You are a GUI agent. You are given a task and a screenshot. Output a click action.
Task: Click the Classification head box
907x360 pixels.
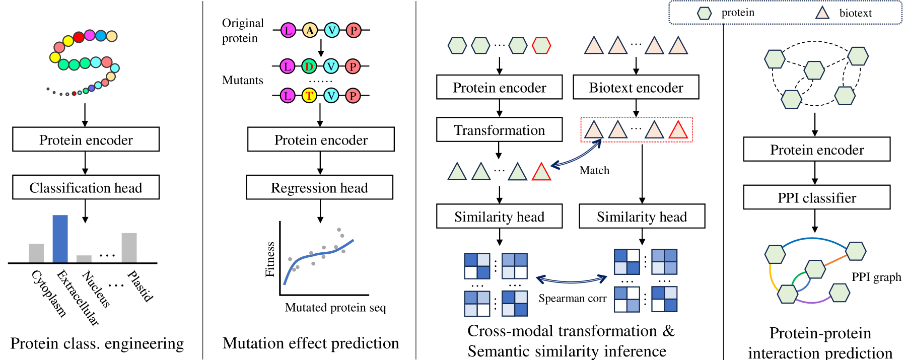(x=86, y=187)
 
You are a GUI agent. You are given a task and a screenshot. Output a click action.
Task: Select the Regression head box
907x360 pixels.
(x=319, y=187)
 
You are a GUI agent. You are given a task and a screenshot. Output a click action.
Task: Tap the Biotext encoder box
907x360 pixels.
(x=636, y=88)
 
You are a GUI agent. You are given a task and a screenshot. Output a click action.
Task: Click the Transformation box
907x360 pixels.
(x=499, y=130)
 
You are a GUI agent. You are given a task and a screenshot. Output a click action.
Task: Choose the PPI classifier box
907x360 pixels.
(x=816, y=197)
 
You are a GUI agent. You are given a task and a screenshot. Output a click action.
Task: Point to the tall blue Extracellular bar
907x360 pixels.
(x=60, y=239)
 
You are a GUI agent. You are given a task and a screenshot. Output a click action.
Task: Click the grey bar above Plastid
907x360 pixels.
(x=129, y=247)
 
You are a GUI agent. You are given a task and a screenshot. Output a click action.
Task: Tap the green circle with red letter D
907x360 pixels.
(x=309, y=66)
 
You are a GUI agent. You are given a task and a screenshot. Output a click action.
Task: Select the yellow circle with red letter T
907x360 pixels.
(x=309, y=95)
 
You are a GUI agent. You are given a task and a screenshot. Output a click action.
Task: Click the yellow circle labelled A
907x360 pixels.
(x=310, y=30)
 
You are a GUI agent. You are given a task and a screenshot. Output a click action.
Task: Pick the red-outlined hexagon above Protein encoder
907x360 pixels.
(x=541, y=45)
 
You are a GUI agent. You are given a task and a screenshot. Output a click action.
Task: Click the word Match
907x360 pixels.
(x=594, y=170)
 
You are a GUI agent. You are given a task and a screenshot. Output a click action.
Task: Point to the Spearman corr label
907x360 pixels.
(x=572, y=298)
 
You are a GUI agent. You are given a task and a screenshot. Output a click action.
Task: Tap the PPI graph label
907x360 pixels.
(x=876, y=277)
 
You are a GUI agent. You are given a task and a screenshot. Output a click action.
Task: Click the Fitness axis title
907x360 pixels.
(x=270, y=259)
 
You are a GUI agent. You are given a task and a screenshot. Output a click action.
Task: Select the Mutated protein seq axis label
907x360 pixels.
(x=335, y=307)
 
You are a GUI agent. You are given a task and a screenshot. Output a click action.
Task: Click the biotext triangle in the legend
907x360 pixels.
(x=822, y=13)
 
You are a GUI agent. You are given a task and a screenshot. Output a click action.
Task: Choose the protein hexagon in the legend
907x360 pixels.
(x=704, y=13)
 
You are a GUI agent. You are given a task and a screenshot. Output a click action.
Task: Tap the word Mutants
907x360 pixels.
(x=243, y=80)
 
